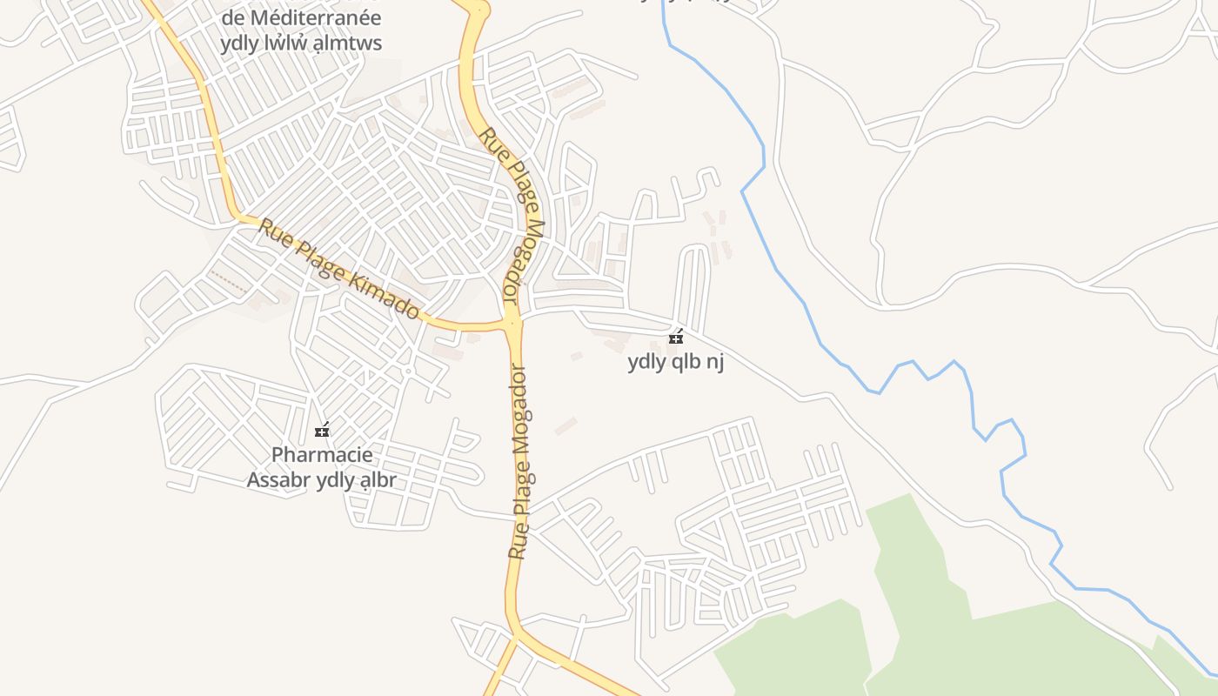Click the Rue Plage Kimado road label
[x=339, y=268]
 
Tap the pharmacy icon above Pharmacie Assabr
[x=322, y=431]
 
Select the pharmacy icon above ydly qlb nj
[x=676, y=338]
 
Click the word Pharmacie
[x=322, y=455]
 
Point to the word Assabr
[x=278, y=480]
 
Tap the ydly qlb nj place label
[x=676, y=362]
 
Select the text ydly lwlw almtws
[x=301, y=43]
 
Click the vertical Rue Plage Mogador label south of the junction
[x=520, y=461]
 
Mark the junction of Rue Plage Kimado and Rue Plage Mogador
[x=512, y=324]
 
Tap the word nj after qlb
[x=714, y=362]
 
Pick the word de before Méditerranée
[x=232, y=17]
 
